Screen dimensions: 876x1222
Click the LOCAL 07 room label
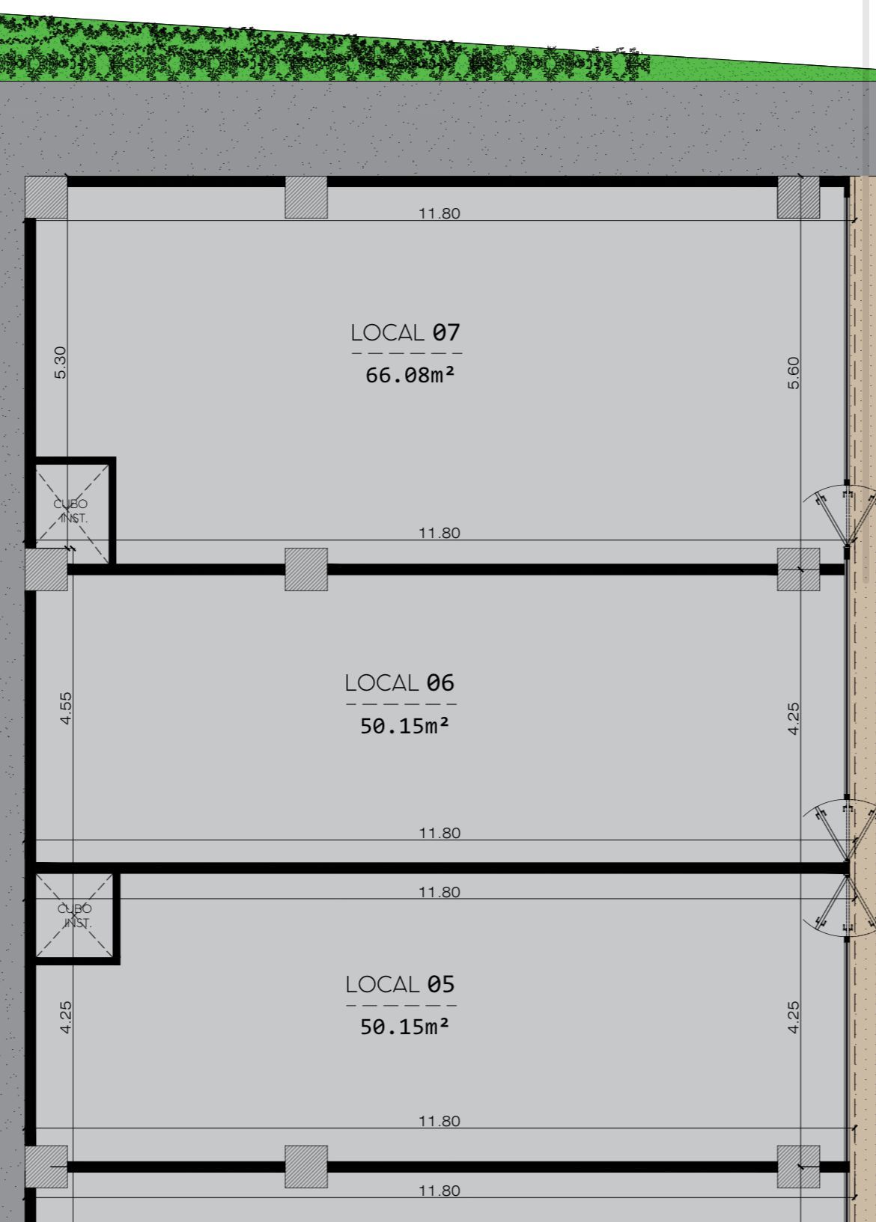point(406,332)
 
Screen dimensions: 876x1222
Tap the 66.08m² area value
point(410,375)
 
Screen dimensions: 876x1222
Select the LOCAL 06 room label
point(400,682)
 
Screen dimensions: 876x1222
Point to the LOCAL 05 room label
point(400,984)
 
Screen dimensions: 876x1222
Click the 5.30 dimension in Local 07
point(60,362)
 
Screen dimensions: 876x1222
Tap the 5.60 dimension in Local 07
point(794,373)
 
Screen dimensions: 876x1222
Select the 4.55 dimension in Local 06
point(65,708)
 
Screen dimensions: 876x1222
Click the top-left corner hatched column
point(46,197)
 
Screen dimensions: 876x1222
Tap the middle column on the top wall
point(306,197)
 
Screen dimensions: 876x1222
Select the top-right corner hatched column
point(798,197)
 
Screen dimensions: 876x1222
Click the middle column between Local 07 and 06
point(306,569)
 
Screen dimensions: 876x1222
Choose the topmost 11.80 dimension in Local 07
point(439,213)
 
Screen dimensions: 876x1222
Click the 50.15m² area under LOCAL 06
point(404,726)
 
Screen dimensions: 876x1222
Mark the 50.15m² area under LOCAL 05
point(404,1027)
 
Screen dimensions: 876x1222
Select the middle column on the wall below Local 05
point(306,1167)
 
